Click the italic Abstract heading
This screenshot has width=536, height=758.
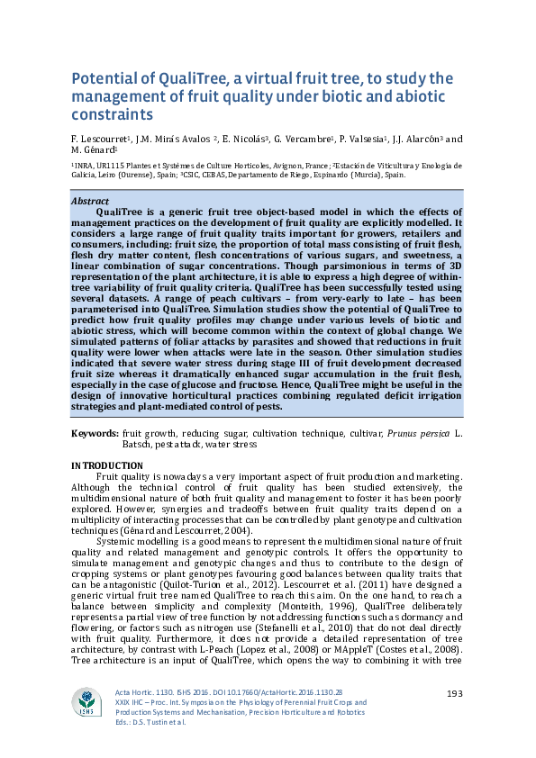tap(89, 202)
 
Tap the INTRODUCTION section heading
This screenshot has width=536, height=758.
tap(105, 465)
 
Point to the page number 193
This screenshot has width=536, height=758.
tap(455, 691)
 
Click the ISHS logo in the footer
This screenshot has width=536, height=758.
tap(87, 703)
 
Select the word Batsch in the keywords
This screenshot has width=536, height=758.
tap(139, 444)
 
